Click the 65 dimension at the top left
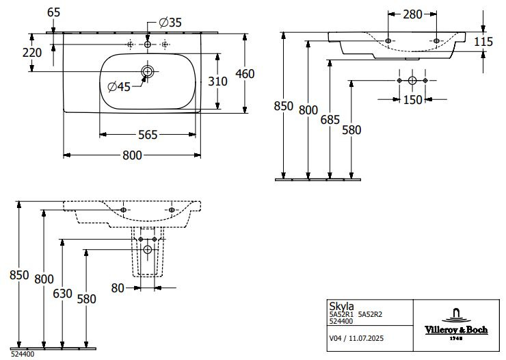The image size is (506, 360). pyautogui.click(x=54, y=12)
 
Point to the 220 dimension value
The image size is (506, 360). pyautogui.click(x=32, y=52)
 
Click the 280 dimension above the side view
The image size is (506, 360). pyautogui.click(x=412, y=14)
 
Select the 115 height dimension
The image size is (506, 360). pyautogui.click(x=483, y=41)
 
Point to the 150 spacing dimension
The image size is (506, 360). pyautogui.click(x=412, y=101)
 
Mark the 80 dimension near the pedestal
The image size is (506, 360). pyautogui.click(x=118, y=288)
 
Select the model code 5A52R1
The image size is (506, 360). pyautogui.click(x=341, y=313)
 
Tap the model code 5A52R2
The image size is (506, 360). pyautogui.click(x=371, y=313)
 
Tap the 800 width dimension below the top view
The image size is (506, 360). pyautogui.click(x=133, y=155)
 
